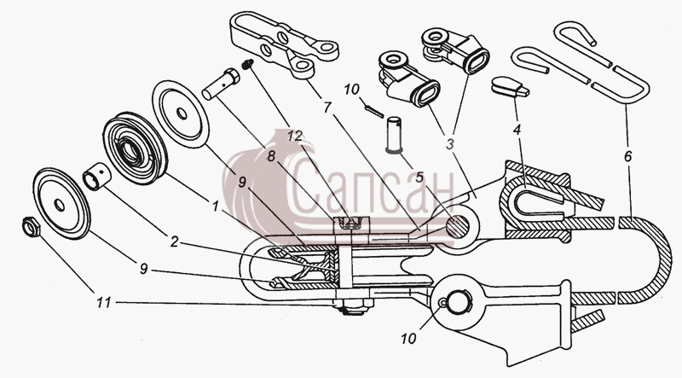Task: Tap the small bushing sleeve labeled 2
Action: tap(96, 177)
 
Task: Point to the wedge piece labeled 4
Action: tap(510, 86)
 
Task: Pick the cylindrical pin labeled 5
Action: tap(395, 134)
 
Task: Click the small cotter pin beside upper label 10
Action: tap(374, 112)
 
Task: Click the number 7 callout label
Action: tap(327, 107)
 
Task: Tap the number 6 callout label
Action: tap(627, 156)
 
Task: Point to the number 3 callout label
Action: tap(449, 143)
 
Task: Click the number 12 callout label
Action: tap(294, 136)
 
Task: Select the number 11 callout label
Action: tap(103, 302)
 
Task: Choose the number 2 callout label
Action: tap(175, 241)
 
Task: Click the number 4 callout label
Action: tap(517, 130)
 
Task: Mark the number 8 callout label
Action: tap(271, 156)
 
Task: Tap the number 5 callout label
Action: tap(419, 177)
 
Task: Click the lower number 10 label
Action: tap(408, 339)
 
